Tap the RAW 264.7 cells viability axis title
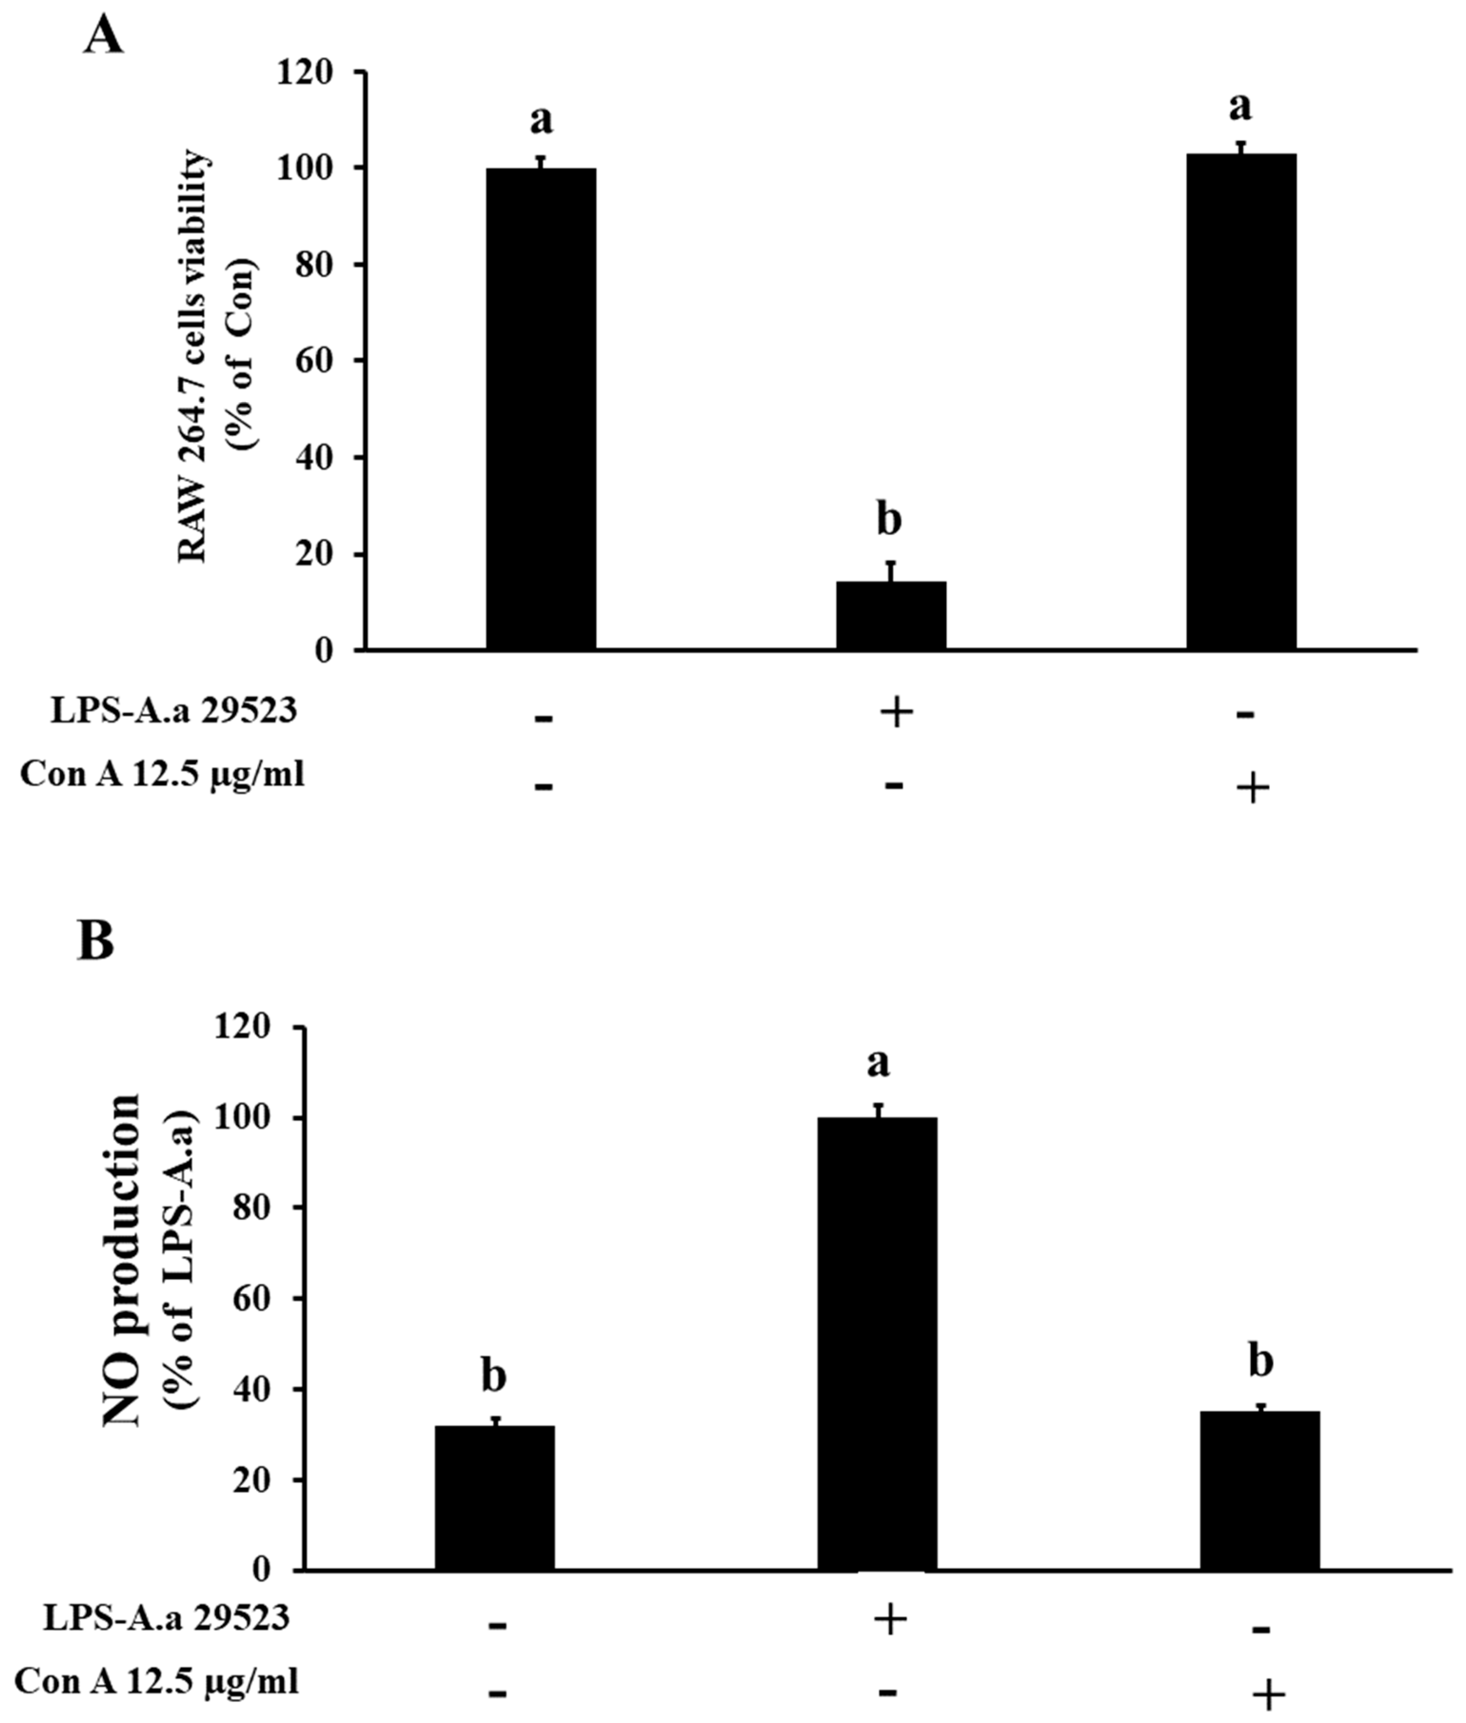[x=195, y=357]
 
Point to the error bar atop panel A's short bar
[x=891, y=572]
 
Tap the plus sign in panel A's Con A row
[x=1252, y=788]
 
